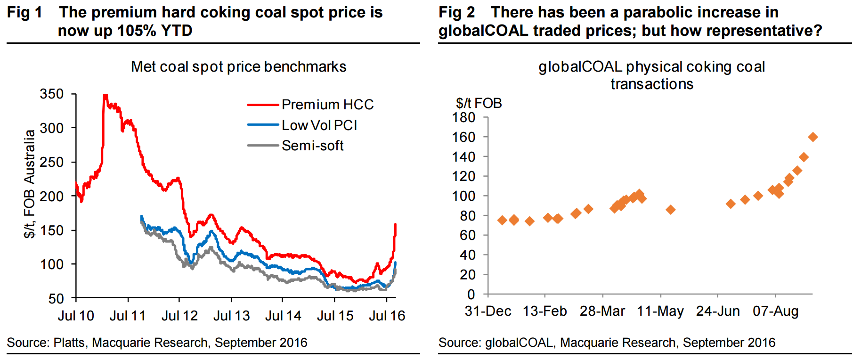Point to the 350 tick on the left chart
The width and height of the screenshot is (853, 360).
click(x=52, y=94)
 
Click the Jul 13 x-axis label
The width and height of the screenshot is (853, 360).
click(x=231, y=316)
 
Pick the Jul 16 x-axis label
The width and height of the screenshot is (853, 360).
click(x=387, y=316)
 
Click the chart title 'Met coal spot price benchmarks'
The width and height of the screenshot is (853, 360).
click(x=238, y=67)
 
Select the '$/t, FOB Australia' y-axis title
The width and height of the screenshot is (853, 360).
click(x=30, y=184)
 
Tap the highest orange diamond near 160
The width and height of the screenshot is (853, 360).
click(x=812, y=137)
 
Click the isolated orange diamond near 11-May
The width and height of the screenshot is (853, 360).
click(x=670, y=210)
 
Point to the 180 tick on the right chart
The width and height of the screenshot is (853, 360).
click(x=464, y=117)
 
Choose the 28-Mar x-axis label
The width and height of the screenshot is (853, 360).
click(x=602, y=311)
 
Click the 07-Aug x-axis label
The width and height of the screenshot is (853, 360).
click(x=775, y=311)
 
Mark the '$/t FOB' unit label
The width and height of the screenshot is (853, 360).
click(x=479, y=103)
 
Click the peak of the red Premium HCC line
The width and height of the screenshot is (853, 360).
click(x=105, y=96)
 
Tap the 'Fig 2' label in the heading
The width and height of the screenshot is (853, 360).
click(x=456, y=13)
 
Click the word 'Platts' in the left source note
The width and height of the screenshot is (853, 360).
click(x=69, y=343)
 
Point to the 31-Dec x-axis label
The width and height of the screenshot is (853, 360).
click(x=488, y=311)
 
